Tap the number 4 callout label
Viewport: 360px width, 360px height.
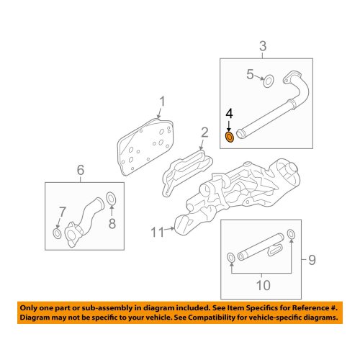(x=229, y=114)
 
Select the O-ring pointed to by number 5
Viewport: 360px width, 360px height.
(x=269, y=81)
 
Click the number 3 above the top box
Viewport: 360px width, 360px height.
(x=263, y=46)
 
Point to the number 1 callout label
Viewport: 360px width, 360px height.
(x=163, y=102)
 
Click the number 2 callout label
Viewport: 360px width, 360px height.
(x=204, y=132)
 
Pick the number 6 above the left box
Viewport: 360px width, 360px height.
(x=81, y=170)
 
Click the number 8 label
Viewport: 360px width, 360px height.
(x=112, y=223)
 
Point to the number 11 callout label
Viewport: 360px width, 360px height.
(x=157, y=233)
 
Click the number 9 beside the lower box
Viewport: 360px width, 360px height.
(x=312, y=260)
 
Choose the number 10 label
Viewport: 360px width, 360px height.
(x=264, y=285)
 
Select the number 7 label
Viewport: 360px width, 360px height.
(x=63, y=212)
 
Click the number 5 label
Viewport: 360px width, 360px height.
(x=250, y=74)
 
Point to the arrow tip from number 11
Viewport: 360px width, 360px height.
(x=174, y=228)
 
